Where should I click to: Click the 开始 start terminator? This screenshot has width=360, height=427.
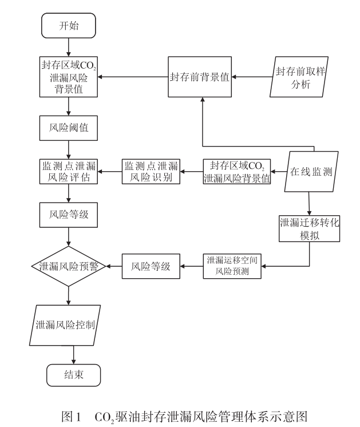pyautogui.click(x=69, y=26)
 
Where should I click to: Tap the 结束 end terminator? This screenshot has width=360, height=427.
pyautogui.click(x=73, y=375)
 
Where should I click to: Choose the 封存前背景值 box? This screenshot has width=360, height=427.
pyautogui.click(x=200, y=78)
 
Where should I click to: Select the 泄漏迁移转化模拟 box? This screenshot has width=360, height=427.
pyautogui.click(x=310, y=227)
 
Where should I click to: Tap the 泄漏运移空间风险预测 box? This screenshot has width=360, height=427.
pyautogui.click(x=232, y=265)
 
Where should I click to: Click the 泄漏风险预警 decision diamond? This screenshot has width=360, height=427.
pyautogui.click(x=69, y=266)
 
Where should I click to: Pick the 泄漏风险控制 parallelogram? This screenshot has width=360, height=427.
pyautogui.click(x=69, y=325)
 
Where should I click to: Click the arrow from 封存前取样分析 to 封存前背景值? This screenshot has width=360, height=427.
pyautogui.click(x=252, y=78)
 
